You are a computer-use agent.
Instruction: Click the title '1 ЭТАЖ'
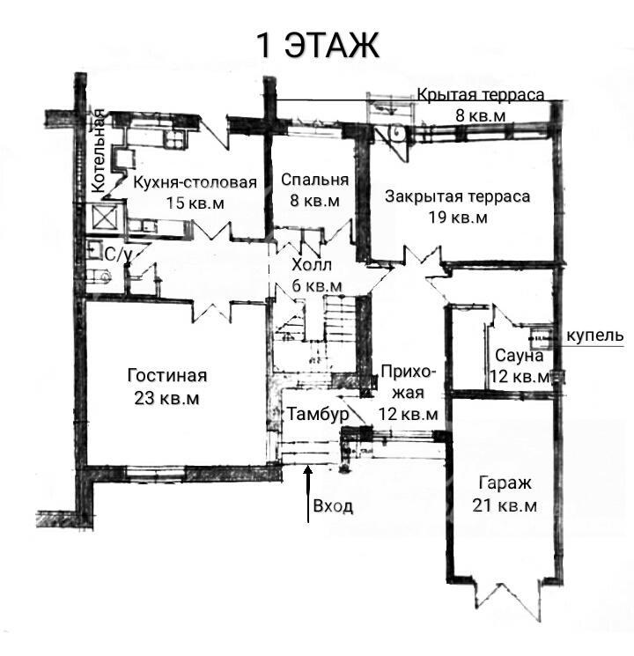317,46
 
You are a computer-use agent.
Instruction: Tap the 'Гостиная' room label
167,375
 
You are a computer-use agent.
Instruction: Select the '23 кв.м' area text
166,398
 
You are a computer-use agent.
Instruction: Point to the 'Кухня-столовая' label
195,182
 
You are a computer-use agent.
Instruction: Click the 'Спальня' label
314,180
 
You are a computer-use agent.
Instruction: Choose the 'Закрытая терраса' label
457,196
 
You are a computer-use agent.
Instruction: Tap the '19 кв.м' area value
457,217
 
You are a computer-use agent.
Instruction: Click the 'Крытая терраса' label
481,95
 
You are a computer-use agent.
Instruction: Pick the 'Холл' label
312,265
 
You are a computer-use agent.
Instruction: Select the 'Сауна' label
520,356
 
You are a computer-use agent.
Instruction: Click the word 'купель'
594,335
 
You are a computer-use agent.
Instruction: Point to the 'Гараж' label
505,483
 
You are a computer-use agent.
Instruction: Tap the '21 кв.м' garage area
505,505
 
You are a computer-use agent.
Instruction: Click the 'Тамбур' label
318,414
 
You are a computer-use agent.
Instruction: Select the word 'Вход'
333,506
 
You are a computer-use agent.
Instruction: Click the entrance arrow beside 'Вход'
308,494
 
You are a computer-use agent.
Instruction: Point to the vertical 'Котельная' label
99,151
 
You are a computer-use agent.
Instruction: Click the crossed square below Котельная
104,217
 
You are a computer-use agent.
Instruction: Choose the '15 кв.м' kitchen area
195,203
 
